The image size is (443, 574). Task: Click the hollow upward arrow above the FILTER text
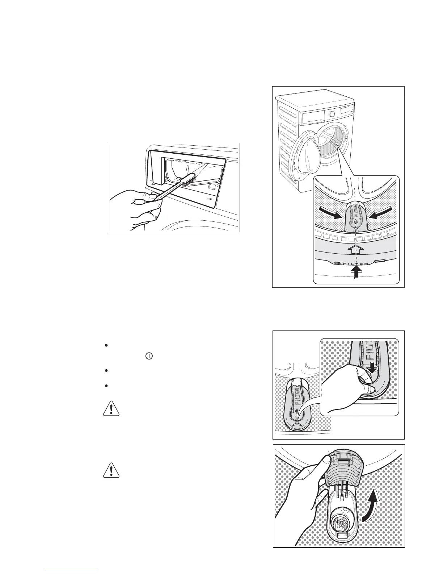[x=356, y=250]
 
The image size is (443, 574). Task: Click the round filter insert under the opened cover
[x=342, y=522]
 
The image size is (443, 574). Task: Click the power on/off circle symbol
[x=148, y=356]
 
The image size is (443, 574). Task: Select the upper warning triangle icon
[x=111, y=408]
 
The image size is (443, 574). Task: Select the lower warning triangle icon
[x=111, y=470]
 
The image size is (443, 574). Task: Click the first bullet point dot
[x=106, y=346]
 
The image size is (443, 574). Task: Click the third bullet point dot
[x=106, y=386]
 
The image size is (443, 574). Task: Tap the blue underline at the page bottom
[x=72, y=570]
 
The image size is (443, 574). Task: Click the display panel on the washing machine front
[x=344, y=110]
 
